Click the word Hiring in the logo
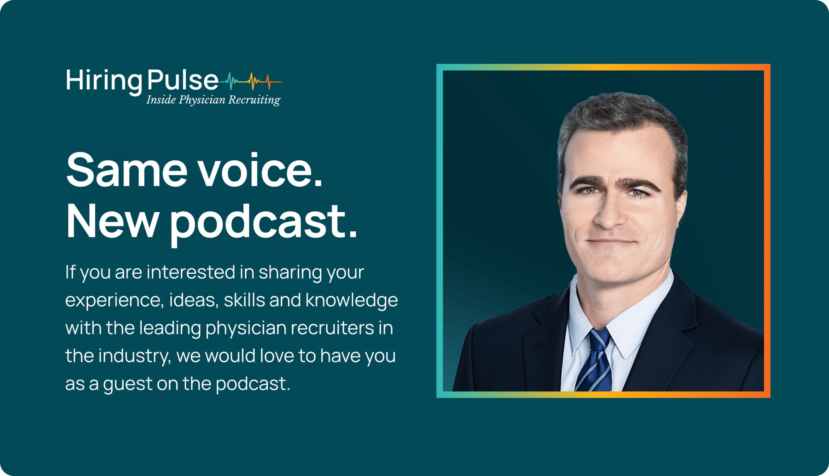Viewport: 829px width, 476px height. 104,80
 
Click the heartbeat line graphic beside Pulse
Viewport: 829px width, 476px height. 251,81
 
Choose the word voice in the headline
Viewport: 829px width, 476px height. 259,170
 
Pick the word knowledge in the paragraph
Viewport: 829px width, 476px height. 351,300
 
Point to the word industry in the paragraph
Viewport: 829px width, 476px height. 134,356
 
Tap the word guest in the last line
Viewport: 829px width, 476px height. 128,384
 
